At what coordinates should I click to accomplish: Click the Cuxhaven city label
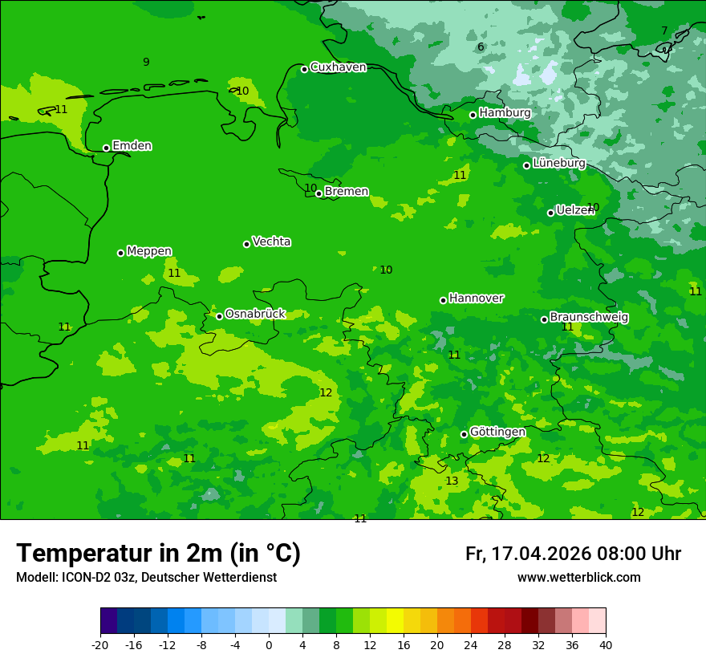338,67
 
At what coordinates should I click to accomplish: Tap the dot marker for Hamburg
473,115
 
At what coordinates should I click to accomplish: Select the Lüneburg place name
558,163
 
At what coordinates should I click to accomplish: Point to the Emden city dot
106,148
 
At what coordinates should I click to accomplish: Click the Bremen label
347,192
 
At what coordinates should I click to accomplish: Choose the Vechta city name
271,242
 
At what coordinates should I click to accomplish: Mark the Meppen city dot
120,253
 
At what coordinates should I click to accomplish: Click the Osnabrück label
255,314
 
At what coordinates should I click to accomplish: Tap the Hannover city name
476,298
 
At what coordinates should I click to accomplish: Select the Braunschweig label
589,318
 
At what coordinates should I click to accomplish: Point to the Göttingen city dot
464,434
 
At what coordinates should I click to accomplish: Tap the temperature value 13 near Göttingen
452,481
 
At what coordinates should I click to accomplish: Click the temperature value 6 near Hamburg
481,47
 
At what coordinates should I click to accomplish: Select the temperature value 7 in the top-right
663,30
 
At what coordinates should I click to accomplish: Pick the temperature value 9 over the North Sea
146,62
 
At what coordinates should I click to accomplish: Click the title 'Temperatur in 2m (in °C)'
158,553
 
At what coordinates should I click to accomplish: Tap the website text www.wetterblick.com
578,578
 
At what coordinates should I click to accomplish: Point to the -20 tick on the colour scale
100,644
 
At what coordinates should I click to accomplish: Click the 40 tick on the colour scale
605,644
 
